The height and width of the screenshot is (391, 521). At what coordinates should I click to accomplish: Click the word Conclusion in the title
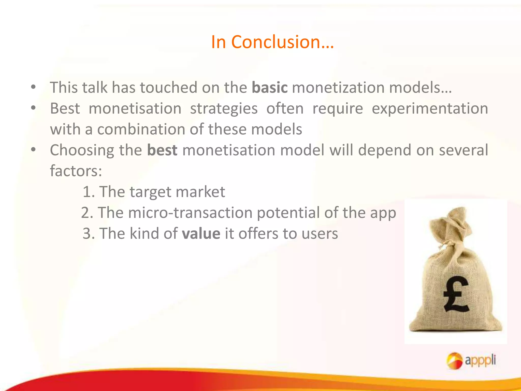[x=282, y=42]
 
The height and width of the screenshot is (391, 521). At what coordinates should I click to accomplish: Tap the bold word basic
[x=270, y=88]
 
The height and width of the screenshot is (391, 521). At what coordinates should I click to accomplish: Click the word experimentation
[x=430, y=109]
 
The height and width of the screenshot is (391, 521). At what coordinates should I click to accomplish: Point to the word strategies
[x=224, y=109]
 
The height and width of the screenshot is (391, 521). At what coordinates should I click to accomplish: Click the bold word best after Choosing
[x=162, y=150]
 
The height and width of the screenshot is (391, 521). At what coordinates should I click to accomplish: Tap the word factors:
[x=76, y=171]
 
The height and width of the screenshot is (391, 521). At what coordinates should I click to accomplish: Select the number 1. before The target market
[x=89, y=192]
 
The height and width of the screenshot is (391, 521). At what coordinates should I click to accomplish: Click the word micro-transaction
[x=190, y=213]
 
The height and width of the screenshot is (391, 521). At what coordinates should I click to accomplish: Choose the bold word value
[x=201, y=234]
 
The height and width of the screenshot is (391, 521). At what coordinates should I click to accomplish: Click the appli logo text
[x=480, y=360]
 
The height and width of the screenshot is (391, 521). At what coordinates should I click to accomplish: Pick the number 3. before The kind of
[x=89, y=234]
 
